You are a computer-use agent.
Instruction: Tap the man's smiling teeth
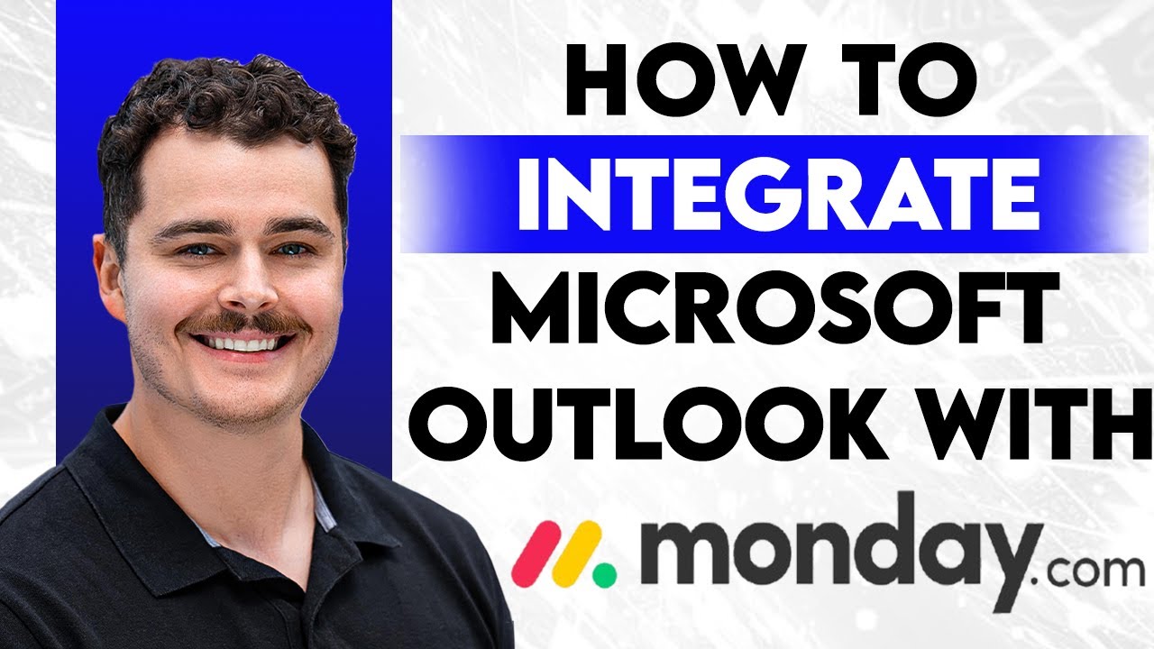point(245,344)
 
